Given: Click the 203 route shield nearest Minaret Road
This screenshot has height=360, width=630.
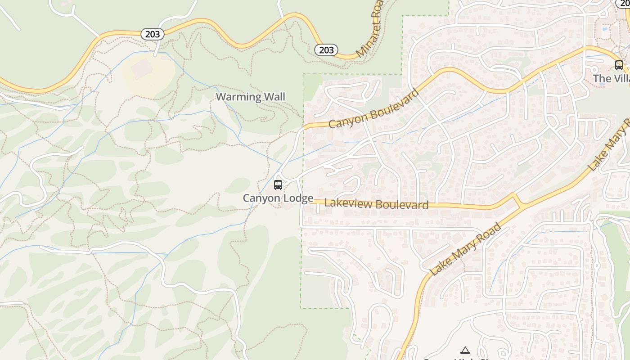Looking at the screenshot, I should [x=326, y=49].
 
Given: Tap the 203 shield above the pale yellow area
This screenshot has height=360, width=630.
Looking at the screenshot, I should [x=153, y=34].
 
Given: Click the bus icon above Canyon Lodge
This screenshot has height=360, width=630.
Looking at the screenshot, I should [x=278, y=185].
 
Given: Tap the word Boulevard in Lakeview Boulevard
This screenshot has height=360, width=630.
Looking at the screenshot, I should [x=402, y=205].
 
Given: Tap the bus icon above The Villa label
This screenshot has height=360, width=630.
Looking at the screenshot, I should [x=619, y=65].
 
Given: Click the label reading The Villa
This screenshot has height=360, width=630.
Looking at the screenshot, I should [x=611, y=79].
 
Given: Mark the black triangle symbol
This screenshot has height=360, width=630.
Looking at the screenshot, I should [x=465, y=350].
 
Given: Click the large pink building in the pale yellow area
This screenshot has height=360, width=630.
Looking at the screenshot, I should [x=143, y=69].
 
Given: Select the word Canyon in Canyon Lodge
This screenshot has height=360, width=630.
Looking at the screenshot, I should [x=259, y=198].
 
